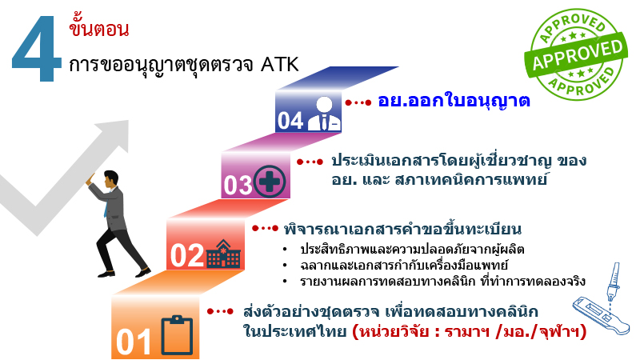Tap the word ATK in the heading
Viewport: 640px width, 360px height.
point(279,64)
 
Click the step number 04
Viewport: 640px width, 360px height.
point(290,121)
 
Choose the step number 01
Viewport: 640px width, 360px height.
point(134,341)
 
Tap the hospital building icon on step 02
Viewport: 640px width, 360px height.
point(223,255)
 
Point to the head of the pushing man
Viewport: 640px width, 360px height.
point(110,178)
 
